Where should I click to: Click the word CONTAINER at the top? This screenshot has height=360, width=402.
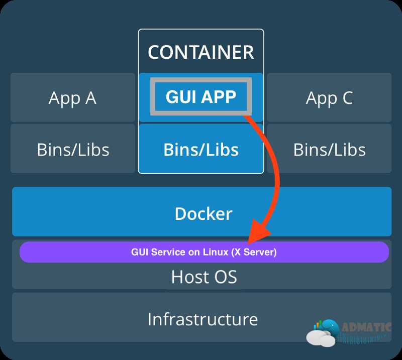(x=201, y=52)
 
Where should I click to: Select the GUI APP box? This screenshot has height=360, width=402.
(x=201, y=96)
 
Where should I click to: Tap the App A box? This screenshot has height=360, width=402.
(x=73, y=97)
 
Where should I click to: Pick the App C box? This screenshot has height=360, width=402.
(x=329, y=97)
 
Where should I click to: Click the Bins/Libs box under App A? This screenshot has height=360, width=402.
(x=73, y=149)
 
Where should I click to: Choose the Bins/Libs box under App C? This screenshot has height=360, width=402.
(x=329, y=149)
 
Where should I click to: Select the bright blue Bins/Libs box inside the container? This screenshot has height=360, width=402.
(x=201, y=149)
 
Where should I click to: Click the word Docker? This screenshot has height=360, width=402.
(x=204, y=213)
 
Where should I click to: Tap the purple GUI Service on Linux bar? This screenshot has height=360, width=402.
(x=205, y=252)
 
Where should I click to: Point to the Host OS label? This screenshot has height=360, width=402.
(x=204, y=277)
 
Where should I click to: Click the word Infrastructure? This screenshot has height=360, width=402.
(x=203, y=319)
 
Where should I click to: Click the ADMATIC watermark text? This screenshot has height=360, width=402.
(x=367, y=327)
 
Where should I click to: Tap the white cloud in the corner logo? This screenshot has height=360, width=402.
(x=321, y=338)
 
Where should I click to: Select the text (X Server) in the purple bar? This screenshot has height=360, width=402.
(x=254, y=252)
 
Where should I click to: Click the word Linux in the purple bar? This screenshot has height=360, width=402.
(x=216, y=252)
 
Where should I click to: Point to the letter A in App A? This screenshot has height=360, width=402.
(x=91, y=97)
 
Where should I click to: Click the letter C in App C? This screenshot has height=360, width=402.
(x=347, y=97)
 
